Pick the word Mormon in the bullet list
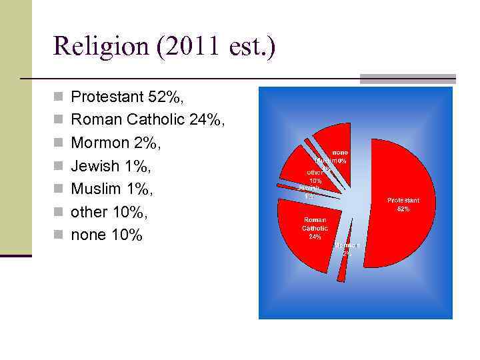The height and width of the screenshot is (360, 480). [x=99, y=143]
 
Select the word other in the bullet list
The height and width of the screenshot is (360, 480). [x=89, y=212]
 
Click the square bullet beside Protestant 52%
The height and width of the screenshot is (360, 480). [x=60, y=98]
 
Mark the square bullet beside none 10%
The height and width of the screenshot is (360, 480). [x=60, y=236]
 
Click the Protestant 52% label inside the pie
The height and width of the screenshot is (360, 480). [x=403, y=204]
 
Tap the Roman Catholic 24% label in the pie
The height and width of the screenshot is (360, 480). [x=315, y=227]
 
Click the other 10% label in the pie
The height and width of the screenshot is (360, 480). [x=315, y=177]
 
